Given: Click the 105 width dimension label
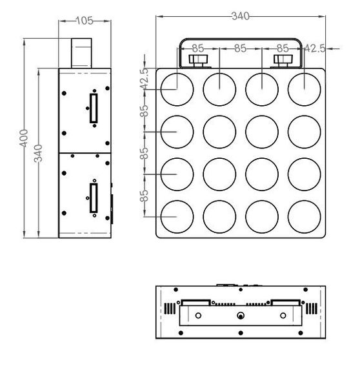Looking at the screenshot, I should pyautogui.click(x=84, y=21).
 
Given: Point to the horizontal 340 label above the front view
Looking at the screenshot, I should pyautogui.click(x=239, y=15).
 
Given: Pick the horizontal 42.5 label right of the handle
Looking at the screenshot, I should pyautogui.click(x=315, y=48).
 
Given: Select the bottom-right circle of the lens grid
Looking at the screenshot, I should pyautogui.click(x=304, y=216).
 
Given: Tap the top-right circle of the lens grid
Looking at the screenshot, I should pyautogui.click(x=304, y=89).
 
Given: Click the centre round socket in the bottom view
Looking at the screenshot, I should pyautogui.click(x=241, y=316).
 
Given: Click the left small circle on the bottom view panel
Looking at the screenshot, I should pyautogui.click(x=199, y=316).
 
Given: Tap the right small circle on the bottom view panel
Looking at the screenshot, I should pyautogui.click(x=283, y=316).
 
